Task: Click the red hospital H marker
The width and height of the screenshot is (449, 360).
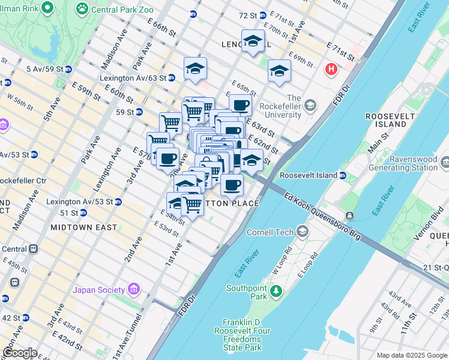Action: [x=330, y=70]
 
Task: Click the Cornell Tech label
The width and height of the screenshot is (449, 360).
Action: [x=277, y=232]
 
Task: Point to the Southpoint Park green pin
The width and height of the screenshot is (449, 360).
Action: [x=276, y=292]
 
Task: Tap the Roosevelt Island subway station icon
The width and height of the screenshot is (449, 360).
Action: [x=342, y=175]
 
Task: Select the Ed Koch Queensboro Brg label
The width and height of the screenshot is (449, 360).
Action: [x=323, y=217]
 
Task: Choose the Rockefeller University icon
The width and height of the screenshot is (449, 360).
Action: [x=310, y=106]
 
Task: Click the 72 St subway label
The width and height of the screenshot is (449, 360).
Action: [x=252, y=14]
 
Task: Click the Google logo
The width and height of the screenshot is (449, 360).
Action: [x=20, y=353]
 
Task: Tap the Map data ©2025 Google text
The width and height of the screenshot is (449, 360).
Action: [x=411, y=355]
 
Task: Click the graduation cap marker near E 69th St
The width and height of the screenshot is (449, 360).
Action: [x=279, y=71]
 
